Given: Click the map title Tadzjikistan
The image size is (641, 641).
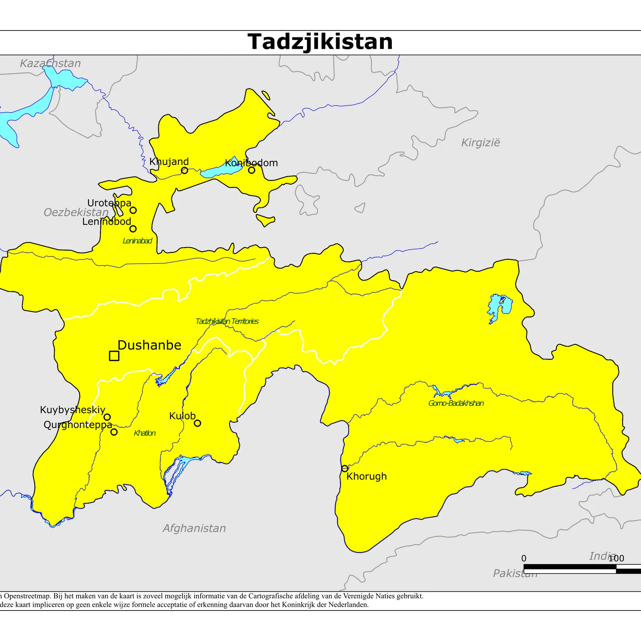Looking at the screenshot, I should [x=320, y=42].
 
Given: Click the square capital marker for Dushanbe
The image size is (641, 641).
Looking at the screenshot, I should [x=114, y=356].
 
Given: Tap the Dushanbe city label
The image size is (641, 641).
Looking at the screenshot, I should [x=149, y=345].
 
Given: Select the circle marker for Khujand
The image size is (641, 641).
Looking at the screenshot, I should [x=184, y=171].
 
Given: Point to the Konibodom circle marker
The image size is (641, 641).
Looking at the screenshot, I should [x=252, y=170].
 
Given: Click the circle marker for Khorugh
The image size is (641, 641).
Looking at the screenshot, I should [x=345, y=468].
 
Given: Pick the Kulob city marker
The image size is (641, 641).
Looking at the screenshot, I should [x=198, y=423].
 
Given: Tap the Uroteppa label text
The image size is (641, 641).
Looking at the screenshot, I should [x=109, y=203].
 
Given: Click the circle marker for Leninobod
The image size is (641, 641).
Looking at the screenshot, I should [x=133, y=229].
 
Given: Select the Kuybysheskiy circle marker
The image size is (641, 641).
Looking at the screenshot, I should [x=107, y=417].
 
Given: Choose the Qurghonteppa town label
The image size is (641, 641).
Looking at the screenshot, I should [x=78, y=425].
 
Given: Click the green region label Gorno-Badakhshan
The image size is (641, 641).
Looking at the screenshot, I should [x=456, y=403].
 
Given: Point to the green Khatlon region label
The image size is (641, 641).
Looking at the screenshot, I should [x=145, y=433].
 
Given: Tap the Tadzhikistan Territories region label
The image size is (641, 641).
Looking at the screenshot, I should [x=227, y=321].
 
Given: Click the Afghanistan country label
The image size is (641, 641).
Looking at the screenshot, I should [x=194, y=528].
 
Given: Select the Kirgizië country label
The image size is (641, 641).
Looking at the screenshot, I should [x=480, y=143].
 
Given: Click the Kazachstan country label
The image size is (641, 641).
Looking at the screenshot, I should [x=50, y=63].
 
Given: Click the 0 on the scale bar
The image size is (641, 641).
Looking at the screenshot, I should [x=524, y=558].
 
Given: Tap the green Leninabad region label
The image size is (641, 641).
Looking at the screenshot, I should [x=137, y=241].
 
